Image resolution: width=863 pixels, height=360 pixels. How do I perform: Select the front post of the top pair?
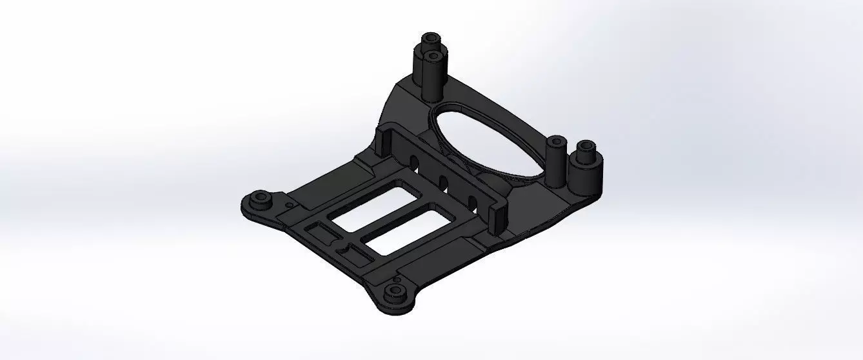click(432, 77)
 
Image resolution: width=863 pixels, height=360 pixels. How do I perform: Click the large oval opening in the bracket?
click(484, 139)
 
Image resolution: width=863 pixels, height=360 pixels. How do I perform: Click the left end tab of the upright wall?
click(382, 143)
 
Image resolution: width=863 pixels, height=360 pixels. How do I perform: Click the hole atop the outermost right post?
click(586, 145)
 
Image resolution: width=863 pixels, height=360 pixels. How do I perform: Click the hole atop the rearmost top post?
click(430, 37)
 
